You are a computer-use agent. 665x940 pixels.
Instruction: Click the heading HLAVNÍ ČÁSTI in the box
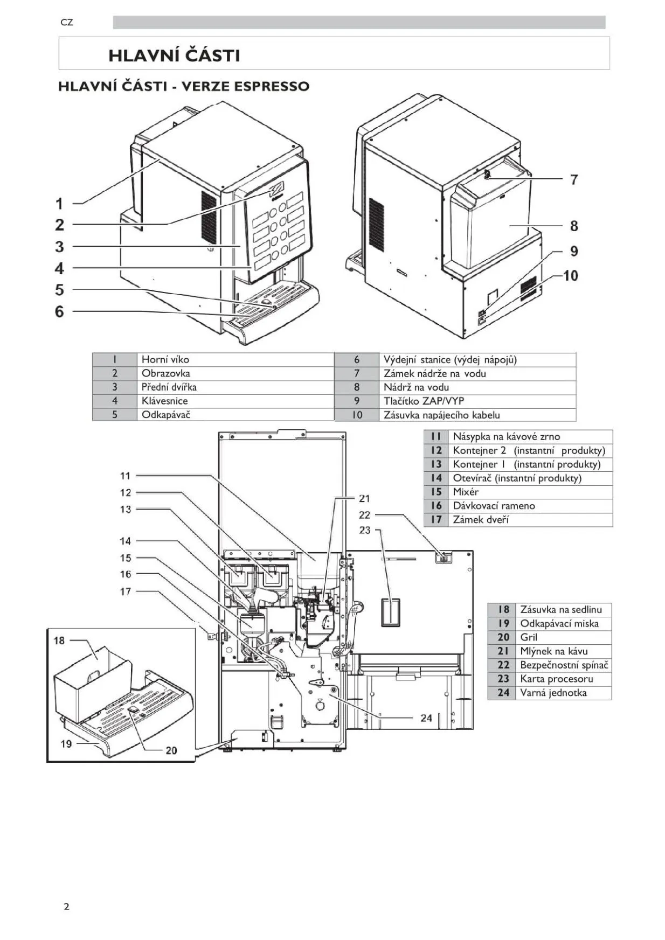174,55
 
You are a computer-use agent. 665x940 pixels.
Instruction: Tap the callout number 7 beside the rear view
574,179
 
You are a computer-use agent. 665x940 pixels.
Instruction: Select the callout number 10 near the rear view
570,276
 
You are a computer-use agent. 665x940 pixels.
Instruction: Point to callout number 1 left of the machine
59,204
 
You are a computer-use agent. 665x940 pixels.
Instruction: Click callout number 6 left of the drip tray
59,311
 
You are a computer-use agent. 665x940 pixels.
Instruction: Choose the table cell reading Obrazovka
165,373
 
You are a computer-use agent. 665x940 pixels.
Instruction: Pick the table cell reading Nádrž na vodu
416,387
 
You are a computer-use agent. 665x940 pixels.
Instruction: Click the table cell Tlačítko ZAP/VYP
424,401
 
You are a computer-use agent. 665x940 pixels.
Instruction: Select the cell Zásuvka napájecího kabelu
441,415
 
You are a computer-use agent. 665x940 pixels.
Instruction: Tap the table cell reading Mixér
466,492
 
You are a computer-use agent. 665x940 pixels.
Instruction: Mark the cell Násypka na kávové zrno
506,437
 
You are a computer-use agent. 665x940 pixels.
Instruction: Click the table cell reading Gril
529,637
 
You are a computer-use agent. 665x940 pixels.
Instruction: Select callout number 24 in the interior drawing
426,718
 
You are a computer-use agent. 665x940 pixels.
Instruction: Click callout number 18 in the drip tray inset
59,640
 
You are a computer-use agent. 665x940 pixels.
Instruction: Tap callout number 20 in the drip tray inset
171,750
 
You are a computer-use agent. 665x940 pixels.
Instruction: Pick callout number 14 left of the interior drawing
126,541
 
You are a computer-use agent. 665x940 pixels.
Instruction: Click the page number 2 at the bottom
66,907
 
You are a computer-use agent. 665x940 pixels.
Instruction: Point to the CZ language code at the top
67,23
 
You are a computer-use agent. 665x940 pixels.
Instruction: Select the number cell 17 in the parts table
436,520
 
